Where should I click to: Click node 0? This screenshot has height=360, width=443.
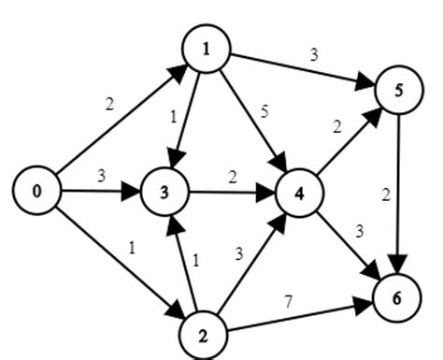[x=37, y=192]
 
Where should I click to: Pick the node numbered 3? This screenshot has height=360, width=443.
[x=165, y=194]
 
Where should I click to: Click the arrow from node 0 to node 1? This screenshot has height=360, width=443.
[x=117, y=120]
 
